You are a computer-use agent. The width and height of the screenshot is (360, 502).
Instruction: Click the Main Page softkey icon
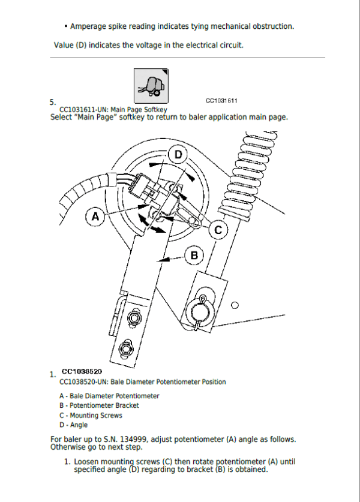point(150,85)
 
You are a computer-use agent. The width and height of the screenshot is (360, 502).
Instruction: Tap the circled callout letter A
point(95,216)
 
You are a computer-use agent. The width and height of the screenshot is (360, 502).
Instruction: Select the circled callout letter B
point(194,255)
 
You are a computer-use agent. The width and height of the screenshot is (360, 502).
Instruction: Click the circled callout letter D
point(178,155)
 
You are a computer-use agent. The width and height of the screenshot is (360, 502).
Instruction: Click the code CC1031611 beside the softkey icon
point(221,101)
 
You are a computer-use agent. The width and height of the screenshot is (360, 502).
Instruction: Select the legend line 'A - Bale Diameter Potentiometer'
point(109,396)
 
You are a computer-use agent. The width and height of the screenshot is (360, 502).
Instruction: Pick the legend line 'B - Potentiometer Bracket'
point(99,405)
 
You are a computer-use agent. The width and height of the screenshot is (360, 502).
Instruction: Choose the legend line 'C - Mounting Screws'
point(91,415)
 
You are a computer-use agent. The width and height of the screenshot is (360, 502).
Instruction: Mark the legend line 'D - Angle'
point(73,425)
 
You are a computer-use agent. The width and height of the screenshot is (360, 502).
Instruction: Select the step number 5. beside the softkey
point(53,103)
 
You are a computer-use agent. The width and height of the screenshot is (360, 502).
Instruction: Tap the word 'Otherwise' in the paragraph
point(68,447)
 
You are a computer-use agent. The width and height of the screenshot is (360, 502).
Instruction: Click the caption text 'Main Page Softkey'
point(133,110)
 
